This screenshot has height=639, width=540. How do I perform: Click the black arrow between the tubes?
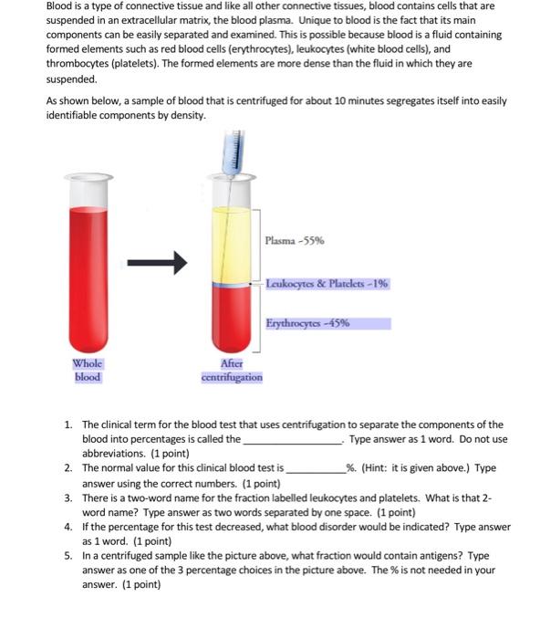point(157,263)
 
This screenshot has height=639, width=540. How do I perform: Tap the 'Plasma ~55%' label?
point(295,240)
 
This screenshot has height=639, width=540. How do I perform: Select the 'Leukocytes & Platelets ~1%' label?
point(327,283)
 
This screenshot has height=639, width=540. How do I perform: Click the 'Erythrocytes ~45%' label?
point(308,323)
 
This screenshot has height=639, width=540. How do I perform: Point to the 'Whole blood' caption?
point(88,370)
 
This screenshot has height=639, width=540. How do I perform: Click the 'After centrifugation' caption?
point(232,370)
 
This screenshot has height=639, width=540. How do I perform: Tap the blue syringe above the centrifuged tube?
point(234,153)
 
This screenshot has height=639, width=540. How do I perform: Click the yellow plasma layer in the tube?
point(232,245)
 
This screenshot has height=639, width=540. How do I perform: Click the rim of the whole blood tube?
point(88,177)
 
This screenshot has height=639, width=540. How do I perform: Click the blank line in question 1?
point(293,443)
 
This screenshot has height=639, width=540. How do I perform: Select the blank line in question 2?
point(316,472)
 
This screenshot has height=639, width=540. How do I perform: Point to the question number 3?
point(68,498)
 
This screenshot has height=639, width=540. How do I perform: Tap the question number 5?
point(68,556)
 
